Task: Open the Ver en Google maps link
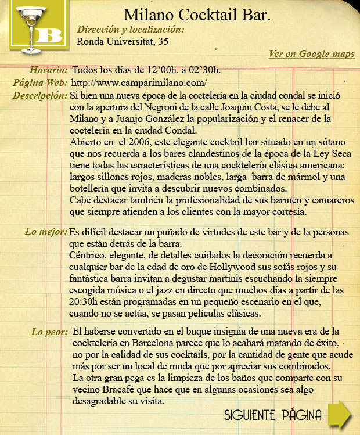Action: (312, 54)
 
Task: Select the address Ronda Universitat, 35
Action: (123, 41)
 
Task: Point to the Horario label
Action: (48, 70)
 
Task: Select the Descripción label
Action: (39, 95)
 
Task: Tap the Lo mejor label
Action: (46, 232)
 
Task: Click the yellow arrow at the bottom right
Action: (339, 414)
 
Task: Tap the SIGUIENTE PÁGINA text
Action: (273, 415)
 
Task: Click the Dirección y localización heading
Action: (131, 29)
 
